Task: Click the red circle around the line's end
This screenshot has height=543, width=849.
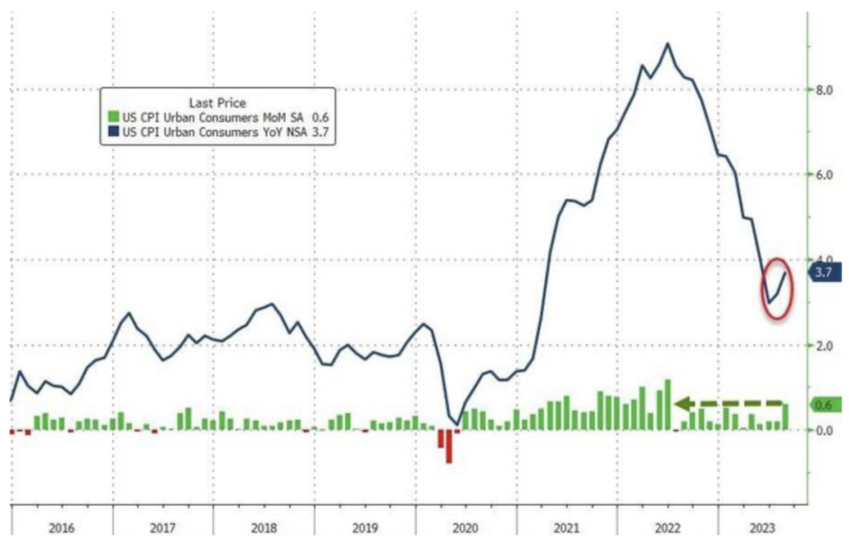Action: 777,288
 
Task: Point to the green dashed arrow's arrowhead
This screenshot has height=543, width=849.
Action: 682,404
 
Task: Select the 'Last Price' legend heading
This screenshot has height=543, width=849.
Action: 218,102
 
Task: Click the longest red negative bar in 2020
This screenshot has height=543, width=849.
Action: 449,446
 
